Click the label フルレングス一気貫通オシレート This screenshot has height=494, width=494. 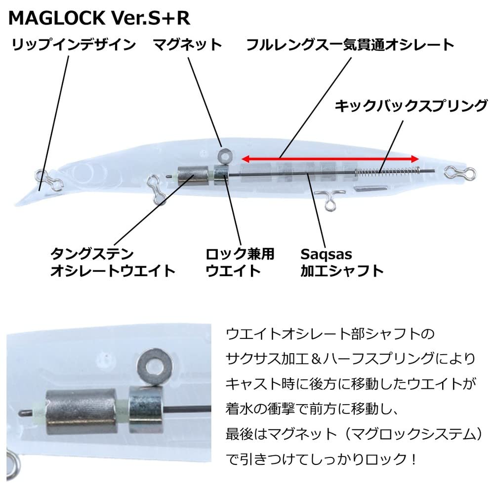[x=350, y=45]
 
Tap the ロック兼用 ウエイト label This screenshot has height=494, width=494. [x=240, y=262]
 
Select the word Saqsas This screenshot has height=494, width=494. [x=326, y=254]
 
